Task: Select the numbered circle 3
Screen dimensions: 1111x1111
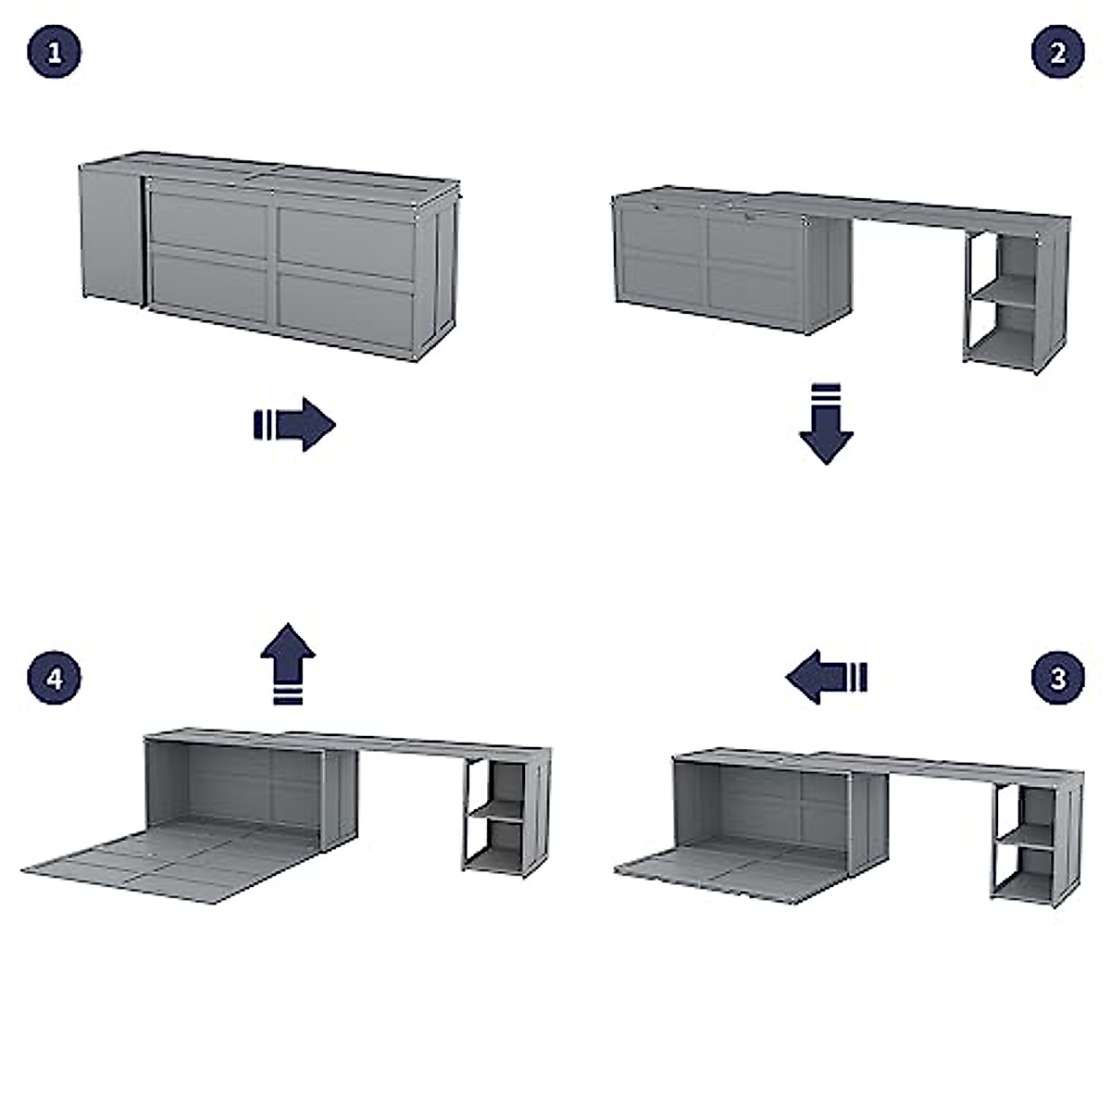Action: click(x=1058, y=678)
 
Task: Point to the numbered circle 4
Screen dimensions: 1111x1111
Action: click(x=54, y=678)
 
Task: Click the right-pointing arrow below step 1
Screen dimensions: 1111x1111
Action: click(x=294, y=425)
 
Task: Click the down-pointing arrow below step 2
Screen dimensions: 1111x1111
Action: click(x=826, y=423)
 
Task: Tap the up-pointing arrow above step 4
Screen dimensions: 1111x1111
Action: click(x=288, y=663)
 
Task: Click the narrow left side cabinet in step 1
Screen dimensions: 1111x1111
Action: click(x=110, y=233)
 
